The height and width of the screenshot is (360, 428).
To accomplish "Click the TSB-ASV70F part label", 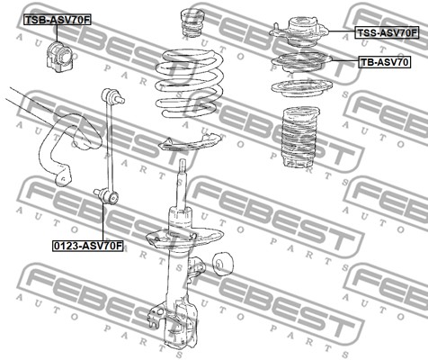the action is point(57,20).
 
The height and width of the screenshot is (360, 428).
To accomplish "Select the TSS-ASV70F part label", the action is point(387,32).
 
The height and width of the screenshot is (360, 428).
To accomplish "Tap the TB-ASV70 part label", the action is point(384,62).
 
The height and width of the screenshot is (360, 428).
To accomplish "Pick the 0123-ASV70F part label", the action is point(88,246).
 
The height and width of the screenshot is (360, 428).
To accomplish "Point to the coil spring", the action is point(189,84).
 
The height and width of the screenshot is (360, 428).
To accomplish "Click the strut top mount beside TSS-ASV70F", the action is point(299,31).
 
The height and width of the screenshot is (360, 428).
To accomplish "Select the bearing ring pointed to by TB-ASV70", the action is point(302,63).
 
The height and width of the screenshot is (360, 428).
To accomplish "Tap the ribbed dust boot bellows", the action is point(299,138).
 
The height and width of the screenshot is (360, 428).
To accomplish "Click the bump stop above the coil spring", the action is point(192,22).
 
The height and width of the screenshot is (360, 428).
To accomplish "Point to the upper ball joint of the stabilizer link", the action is point(112,96).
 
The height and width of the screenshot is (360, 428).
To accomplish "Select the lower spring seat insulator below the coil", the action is point(190,142).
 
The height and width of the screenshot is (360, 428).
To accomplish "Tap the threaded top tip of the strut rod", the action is point(183,165).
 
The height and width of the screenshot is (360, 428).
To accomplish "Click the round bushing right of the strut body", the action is point(223,264).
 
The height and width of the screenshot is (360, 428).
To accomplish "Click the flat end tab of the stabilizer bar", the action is point(64,177).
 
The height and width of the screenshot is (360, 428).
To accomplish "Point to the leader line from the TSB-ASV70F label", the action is point(57,33).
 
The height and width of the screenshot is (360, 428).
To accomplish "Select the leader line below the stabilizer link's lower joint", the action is point(103,221).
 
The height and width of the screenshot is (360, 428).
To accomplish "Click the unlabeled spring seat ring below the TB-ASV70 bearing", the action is point(302,88).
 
